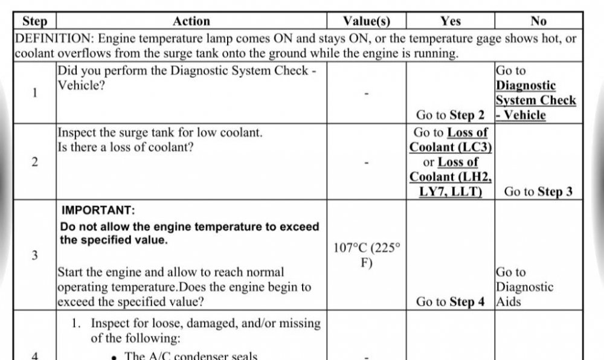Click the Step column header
tap(34, 21)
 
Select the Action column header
tap(191, 21)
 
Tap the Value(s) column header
tap(366, 21)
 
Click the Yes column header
tap(451, 21)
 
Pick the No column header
tap(538, 21)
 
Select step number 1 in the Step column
tap(34, 93)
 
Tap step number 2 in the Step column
tap(34, 162)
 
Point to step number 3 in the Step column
tap(34, 256)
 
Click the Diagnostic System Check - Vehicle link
tap(535, 100)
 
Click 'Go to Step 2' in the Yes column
tap(451, 115)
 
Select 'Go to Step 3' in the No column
tap(538, 192)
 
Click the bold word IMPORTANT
tap(98, 211)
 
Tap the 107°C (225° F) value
tap(366, 256)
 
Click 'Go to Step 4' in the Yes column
tap(451, 301)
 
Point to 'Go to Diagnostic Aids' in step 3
tap(524, 287)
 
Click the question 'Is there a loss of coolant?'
tap(125, 146)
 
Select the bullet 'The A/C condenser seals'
tap(190, 356)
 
